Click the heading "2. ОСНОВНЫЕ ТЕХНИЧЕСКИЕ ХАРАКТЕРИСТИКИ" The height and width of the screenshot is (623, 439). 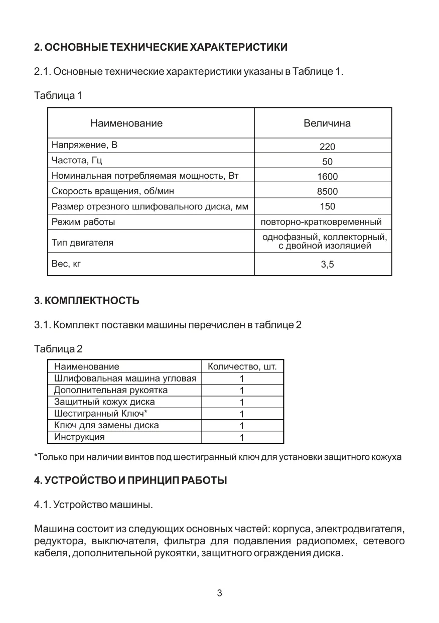click(161, 48)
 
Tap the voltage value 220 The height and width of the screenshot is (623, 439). click(327, 147)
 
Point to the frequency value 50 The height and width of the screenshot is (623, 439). click(327, 162)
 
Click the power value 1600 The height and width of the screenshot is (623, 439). click(327, 176)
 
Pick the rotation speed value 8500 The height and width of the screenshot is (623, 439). click(327, 191)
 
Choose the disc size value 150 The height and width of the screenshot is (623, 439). click(327, 206)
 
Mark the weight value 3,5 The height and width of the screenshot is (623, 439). click(327, 265)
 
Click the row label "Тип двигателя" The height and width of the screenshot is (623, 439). click(82, 243)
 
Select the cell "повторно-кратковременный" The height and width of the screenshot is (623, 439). click(322, 222)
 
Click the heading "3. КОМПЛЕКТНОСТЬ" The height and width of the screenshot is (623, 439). click(87, 301)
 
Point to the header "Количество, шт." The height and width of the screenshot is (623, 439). click(242, 366)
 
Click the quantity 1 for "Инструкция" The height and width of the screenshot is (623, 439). click(242, 438)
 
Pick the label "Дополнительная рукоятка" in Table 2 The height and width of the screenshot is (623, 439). click(111, 390)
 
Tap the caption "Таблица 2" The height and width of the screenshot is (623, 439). click(58, 348)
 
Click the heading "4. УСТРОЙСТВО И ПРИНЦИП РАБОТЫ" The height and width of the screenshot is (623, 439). click(130, 480)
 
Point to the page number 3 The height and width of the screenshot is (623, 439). click(219, 593)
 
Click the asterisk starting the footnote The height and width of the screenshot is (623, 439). click(36, 456)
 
